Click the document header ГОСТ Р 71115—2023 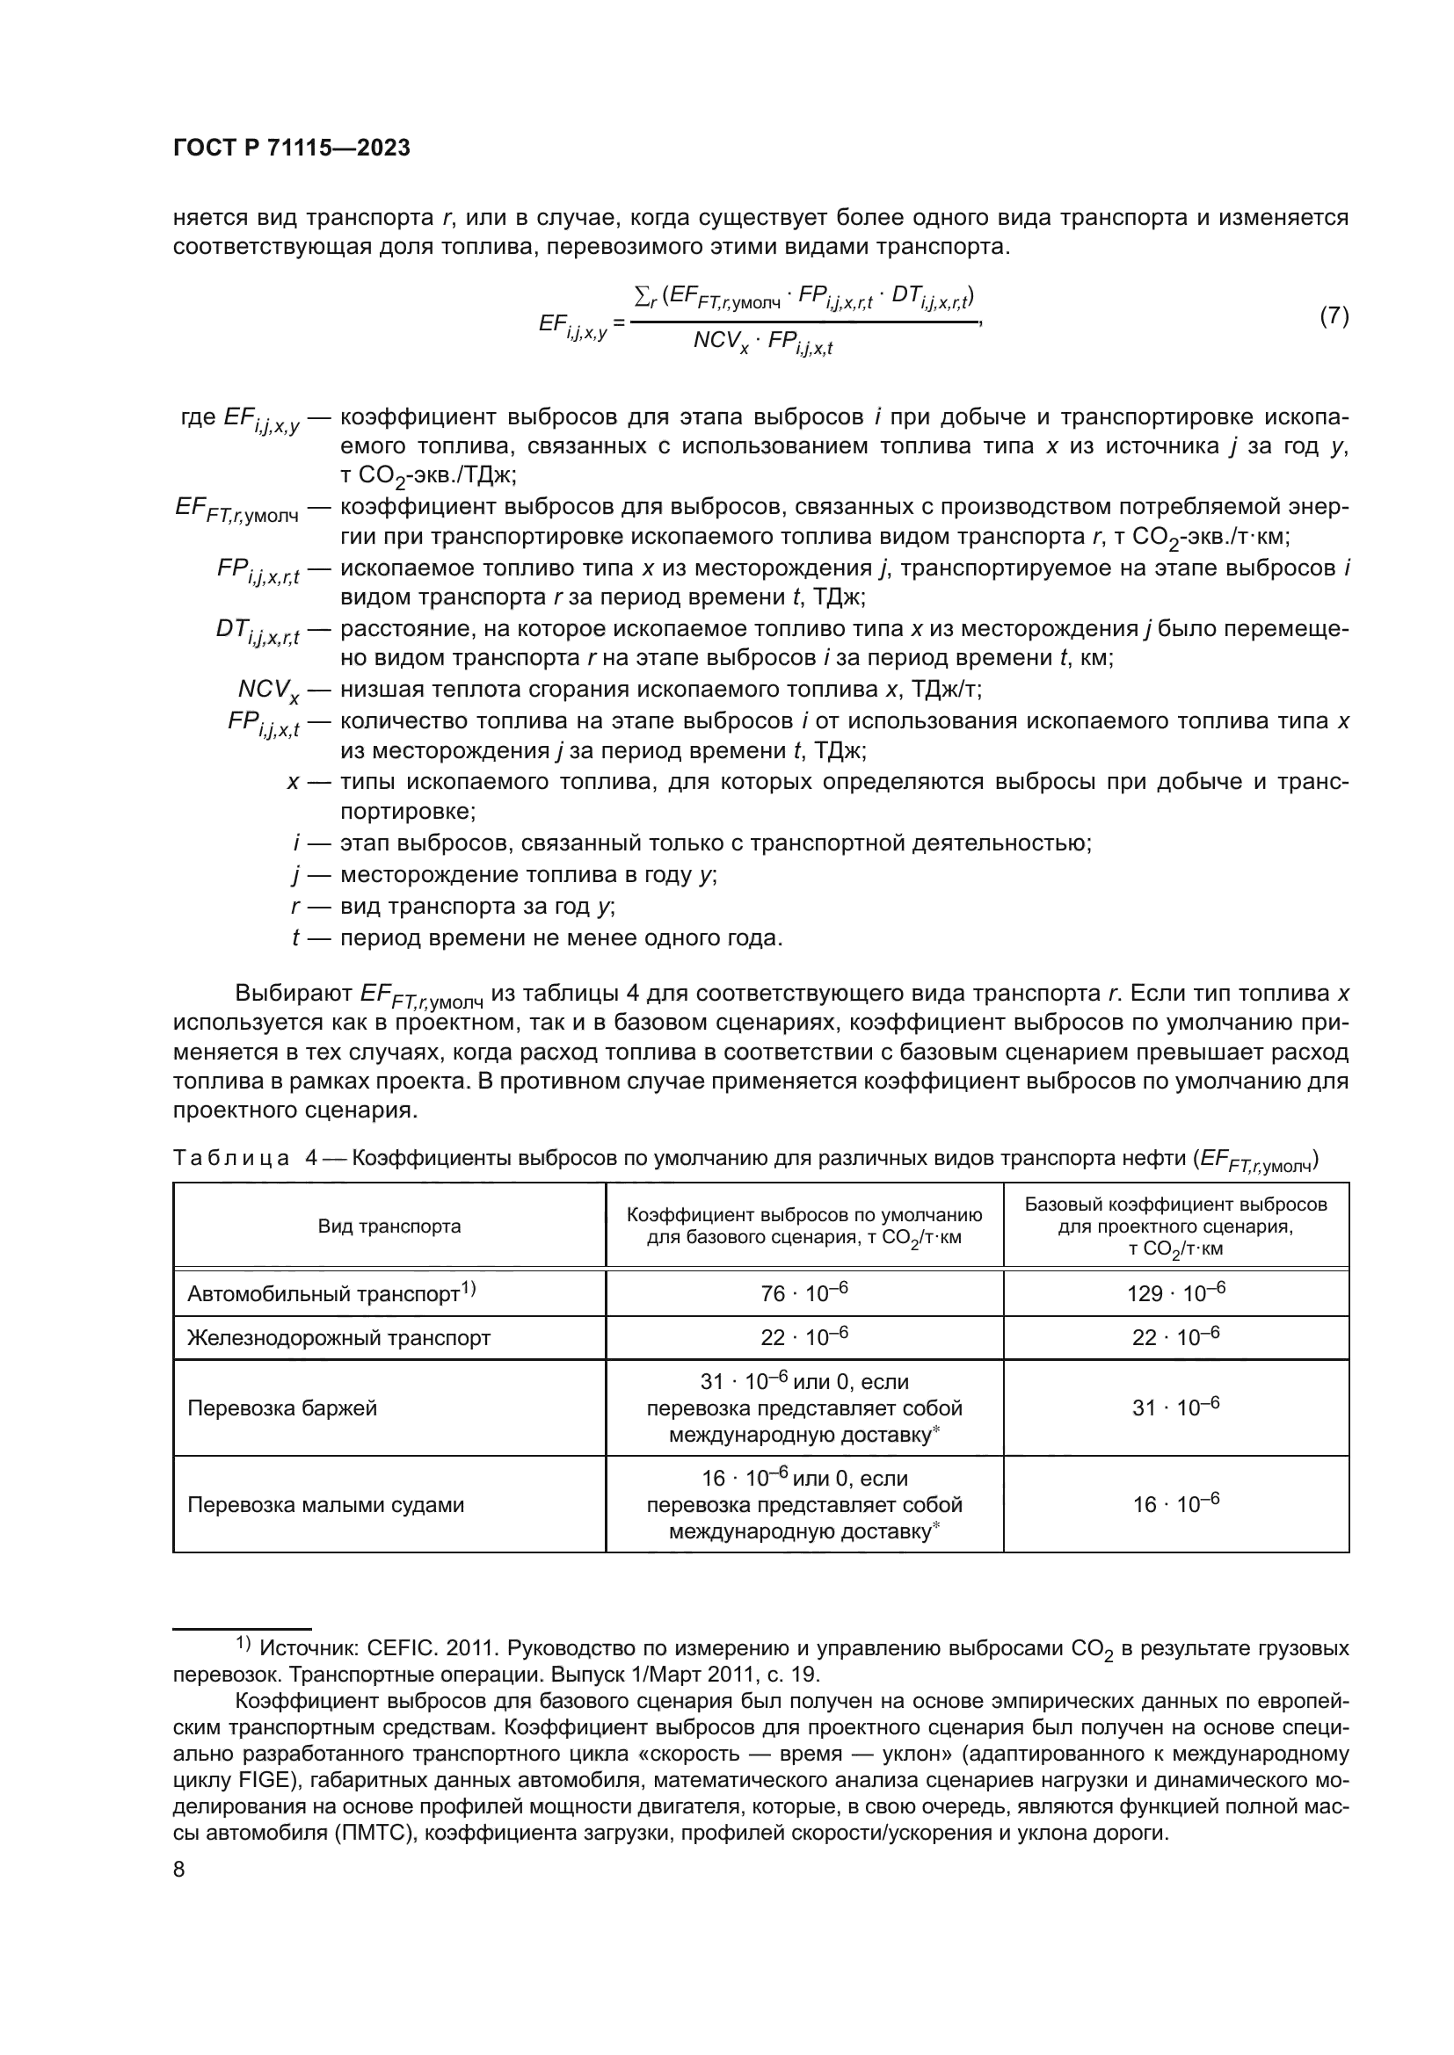(x=292, y=148)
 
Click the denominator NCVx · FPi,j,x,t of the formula (x=762, y=343)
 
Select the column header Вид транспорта (x=389, y=1226)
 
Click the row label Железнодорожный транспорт (x=338, y=1338)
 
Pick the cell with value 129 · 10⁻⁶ (x=1174, y=1293)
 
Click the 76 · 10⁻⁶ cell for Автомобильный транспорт (x=803, y=1293)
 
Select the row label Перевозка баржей (x=282, y=1407)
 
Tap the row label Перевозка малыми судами (x=325, y=1504)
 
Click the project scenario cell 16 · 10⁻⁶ (x=1174, y=1504)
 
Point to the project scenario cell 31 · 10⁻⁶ (x=1174, y=1407)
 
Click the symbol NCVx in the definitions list (x=268, y=690)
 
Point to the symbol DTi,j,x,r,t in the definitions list (x=256, y=631)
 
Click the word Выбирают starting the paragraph (x=294, y=994)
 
